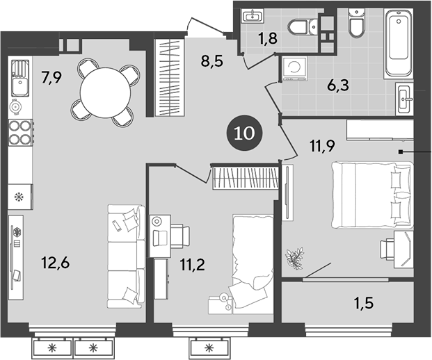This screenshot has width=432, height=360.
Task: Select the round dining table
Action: tap(104, 90)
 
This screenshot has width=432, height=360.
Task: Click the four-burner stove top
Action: tap(20, 131)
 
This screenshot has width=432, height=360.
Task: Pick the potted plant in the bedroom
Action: tap(295, 256)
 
